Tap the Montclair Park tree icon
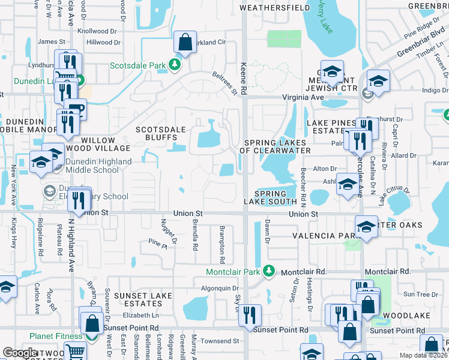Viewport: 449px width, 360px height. click(x=269, y=271)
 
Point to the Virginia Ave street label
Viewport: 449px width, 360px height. click(x=303, y=97)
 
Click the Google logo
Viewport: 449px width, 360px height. click(x=19, y=353)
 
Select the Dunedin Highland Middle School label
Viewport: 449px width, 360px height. click(x=94, y=166)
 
